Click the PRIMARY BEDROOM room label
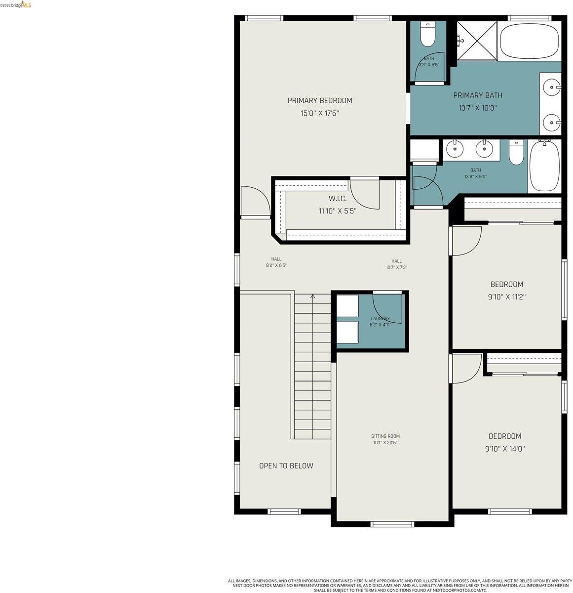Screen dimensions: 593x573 320,101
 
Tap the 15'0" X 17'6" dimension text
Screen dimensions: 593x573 320,113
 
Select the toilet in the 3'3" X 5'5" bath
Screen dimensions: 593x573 427,35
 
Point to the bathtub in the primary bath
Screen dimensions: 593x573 529,41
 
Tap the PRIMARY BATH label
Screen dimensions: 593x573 477,95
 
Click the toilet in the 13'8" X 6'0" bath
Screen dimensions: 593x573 516,152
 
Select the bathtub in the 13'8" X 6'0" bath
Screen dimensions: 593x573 544,166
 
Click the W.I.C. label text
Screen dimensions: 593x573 338,199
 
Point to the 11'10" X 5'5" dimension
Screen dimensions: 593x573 338,211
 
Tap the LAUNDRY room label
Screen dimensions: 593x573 380,319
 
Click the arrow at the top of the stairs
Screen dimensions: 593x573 312,296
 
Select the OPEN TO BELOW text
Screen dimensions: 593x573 286,466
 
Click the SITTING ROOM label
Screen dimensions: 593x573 385,436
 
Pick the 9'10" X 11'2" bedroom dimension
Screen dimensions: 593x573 506,297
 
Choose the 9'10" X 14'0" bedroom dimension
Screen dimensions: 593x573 505,449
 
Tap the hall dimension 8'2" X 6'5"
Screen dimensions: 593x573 276,265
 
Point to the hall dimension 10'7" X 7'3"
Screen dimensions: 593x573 396,267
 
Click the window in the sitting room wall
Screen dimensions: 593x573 392,524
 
